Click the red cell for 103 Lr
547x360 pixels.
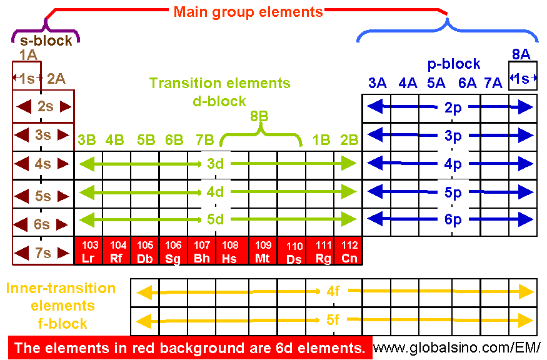[89, 251]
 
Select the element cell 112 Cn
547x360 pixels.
[347, 251]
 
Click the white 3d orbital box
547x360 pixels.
[216, 164]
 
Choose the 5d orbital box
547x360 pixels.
[216, 220]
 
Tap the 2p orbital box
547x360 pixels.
[453, 107]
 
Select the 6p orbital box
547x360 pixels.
[453, 219]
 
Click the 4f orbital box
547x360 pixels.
[333, 291]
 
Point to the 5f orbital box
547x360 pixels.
[333, 321]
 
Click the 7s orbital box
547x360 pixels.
[43, 253]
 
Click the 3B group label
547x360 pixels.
[86, 140]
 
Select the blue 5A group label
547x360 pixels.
[436, 82]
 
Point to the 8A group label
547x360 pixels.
[521, 55]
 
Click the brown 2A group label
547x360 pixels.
[56, 79]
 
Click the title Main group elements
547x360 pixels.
[248, 12]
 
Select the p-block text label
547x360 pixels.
[454, 64]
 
